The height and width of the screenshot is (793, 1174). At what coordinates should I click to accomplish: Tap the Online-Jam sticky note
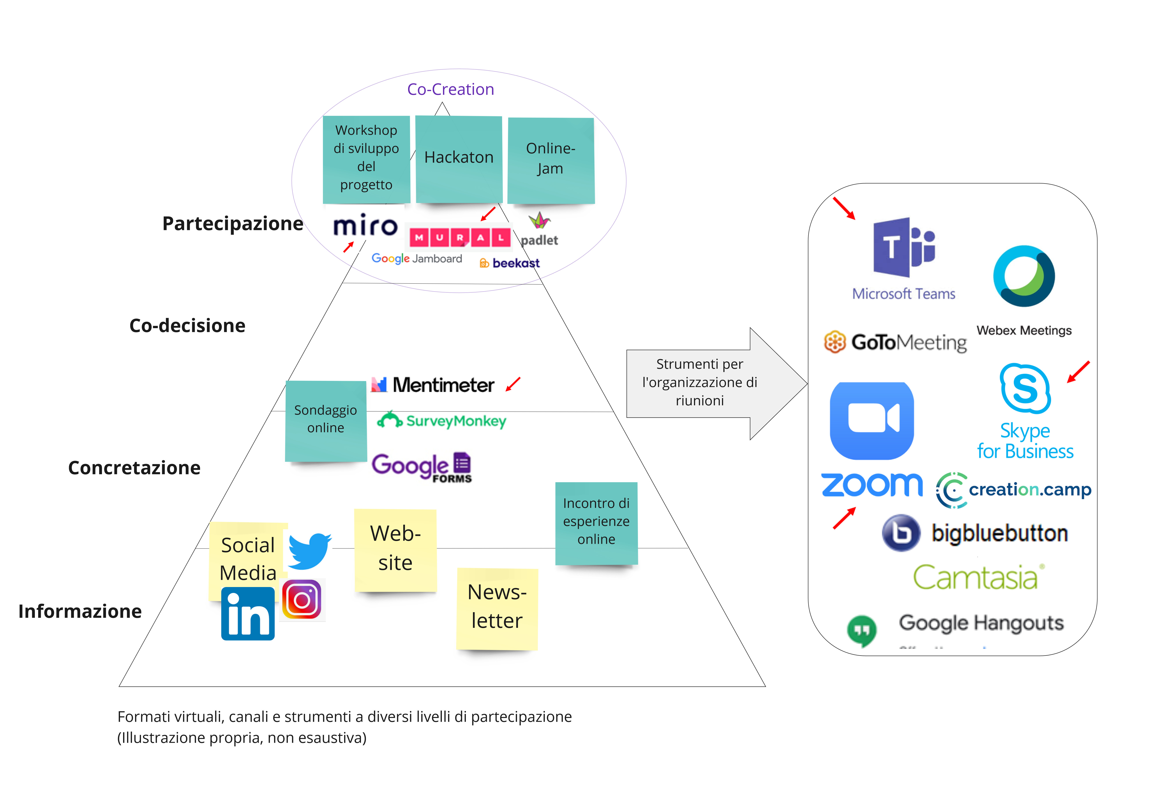click(551, 160)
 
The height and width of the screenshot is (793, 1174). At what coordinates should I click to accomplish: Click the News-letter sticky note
click(497, 608)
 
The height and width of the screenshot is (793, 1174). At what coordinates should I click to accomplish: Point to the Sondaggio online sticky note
click(326, 420)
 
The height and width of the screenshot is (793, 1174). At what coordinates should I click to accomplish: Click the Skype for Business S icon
click(1025, 388)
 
